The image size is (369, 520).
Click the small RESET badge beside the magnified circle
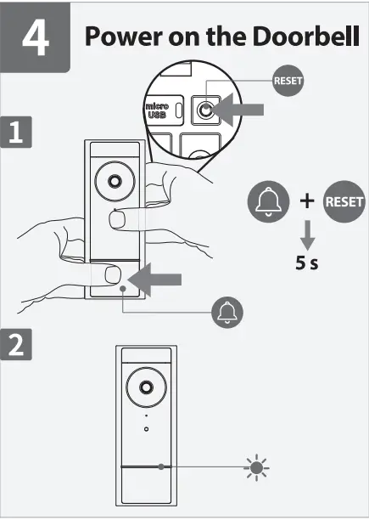tap(287, 82)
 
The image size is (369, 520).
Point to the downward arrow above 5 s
tap(308, 235)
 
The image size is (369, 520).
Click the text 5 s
tap(307, 263)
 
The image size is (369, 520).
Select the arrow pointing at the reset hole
tap(240, 109)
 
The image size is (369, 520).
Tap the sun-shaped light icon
tap(254, 466)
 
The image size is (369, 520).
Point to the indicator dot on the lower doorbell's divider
tap(160, 466)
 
